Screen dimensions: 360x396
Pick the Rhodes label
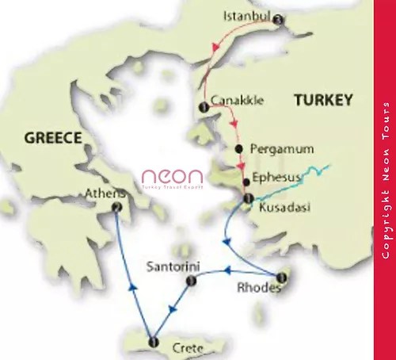coord(258,288)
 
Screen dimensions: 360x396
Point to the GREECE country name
coord(54,138)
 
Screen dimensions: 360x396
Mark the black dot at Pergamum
coord(238,149)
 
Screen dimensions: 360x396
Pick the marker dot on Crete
coord(154,343)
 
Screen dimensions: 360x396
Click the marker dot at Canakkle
coord(204,107)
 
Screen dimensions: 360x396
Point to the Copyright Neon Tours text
coord(385,180)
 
